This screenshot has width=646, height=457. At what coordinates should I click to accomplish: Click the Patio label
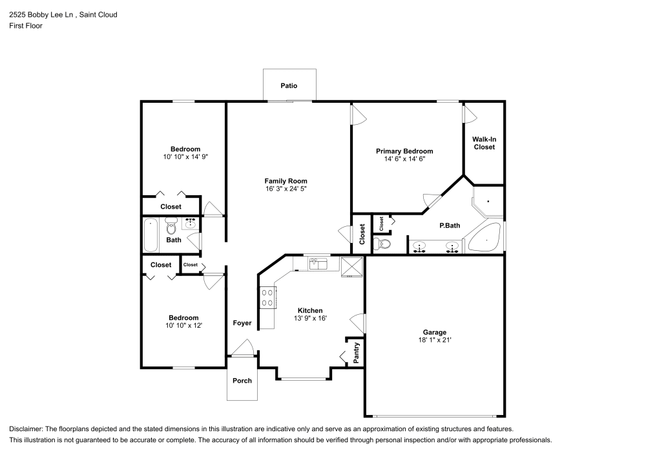click(289, 85)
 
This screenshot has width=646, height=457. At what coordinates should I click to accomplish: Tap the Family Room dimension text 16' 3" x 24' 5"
click(286, 189)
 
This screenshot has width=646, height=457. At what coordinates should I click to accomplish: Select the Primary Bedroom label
click(404, 151)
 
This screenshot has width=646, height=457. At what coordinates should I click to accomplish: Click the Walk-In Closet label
click(484, 143)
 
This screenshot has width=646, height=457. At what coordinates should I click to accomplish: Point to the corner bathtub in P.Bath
click(484, 239)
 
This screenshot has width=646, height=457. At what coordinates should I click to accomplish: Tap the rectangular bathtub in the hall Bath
click(151, 235)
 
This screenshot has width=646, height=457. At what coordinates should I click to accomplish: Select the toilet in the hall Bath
click(171, 228)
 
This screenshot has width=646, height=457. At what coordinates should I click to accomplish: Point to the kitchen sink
click(318, 263)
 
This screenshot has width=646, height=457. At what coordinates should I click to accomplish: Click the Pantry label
click(356, 352)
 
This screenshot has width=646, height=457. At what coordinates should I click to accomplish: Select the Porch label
click(242, 381)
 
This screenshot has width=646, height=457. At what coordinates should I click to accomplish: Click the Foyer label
click(242, 323)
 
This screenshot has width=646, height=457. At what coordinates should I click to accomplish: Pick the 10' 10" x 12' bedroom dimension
click(183, 325)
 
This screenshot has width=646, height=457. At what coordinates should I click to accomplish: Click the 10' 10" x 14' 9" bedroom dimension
click(185, 156)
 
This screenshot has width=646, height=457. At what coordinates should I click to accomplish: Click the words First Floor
click(26, 26)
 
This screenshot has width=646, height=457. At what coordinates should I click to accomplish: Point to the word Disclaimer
click(26, 429)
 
